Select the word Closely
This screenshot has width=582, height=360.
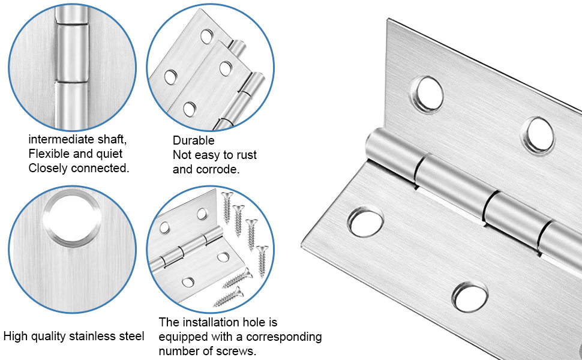(x=48, y=168)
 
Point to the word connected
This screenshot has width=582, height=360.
(x=100, y=168)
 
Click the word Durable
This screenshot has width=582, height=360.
(x=193, y=140)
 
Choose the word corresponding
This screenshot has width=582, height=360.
(x=281, y=337)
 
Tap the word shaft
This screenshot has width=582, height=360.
(x=112, y=140)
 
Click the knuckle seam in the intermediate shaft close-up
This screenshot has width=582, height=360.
(x=72, y=82)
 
